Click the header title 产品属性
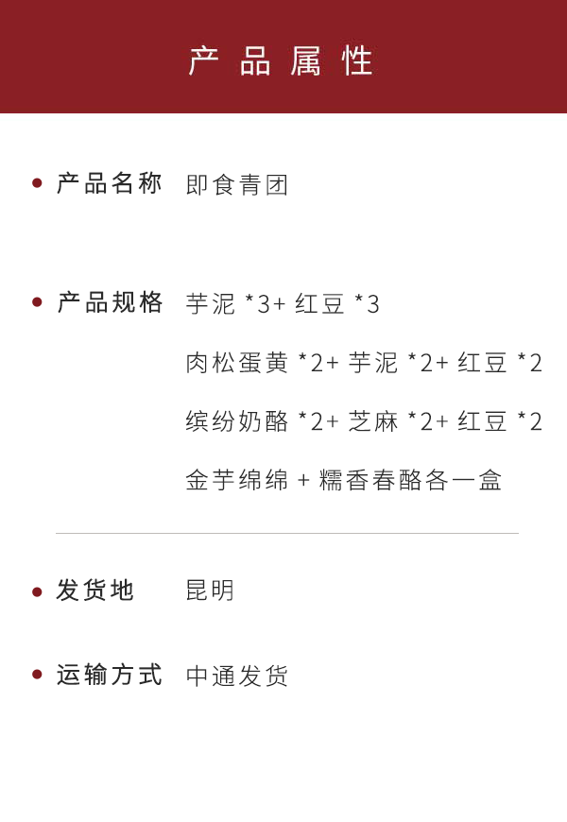(x=282, y=60)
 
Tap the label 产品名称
(x=110, y=183)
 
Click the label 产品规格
(x=110, y=302)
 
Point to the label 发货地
(x=95, y=591)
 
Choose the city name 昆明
(x=210, y=591)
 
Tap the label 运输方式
(x=110, y=675)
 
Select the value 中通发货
(x=237, y=676)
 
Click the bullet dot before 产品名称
(x=37, y=183)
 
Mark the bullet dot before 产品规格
(x=37, y=302)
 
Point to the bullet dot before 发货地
(x=37, y=591)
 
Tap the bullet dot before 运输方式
(x=37, y=675)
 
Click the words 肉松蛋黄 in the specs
(x=237, y=363)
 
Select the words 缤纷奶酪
(x=237, y=421)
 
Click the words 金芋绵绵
(x=237, y=480)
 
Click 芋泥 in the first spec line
(x=210, y=304)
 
